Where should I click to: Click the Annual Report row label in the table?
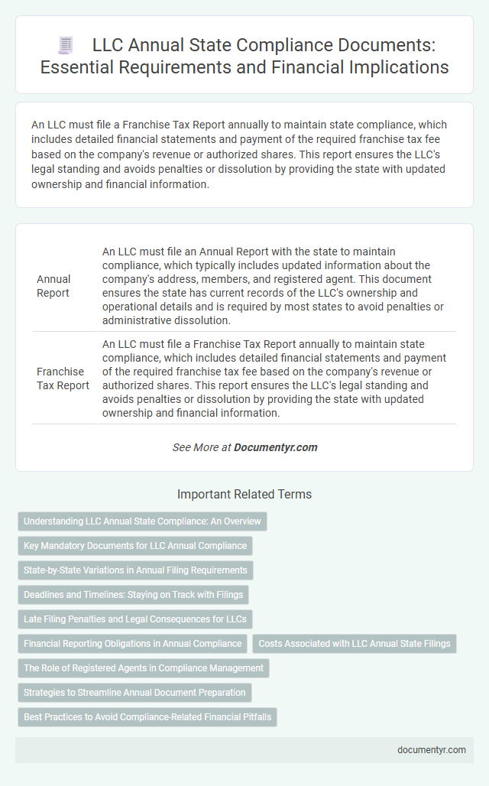point(53,287)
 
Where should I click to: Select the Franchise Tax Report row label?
point(63,378)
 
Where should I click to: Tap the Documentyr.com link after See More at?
point(275,447)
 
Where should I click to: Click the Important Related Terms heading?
point(244,495)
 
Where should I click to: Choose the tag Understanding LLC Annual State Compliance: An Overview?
point(142,521)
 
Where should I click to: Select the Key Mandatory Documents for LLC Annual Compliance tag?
point(134,546)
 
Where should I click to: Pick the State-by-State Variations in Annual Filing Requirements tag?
point(135,570)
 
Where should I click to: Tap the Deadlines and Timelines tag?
point(133,595)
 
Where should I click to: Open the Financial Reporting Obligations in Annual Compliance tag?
point(132,644)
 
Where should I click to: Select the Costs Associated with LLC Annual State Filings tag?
point(354,644)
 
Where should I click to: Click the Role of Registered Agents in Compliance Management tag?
point(143,668)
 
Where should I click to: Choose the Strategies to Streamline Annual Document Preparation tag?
point(134,693)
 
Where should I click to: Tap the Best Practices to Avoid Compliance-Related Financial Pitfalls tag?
point(147,717)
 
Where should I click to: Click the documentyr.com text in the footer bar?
point(432,749)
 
